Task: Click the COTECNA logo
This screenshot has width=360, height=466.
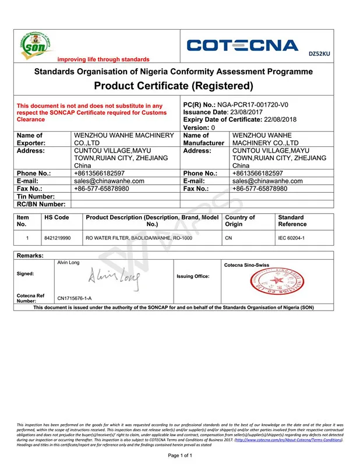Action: [242, 45]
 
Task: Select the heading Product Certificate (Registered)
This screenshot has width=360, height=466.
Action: [174, 86]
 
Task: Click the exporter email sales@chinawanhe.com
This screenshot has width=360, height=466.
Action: [109, 181]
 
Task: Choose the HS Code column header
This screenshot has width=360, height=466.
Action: [57, 217]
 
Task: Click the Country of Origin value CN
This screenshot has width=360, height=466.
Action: [228, 238]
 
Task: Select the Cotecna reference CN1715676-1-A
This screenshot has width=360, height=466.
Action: [74, 299]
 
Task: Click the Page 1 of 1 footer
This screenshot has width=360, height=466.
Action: [180, 455]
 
